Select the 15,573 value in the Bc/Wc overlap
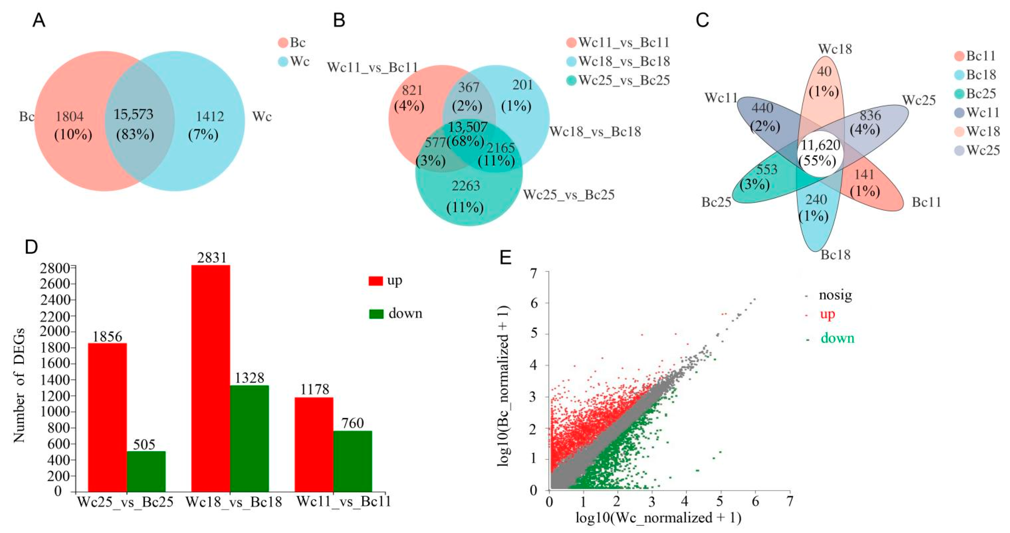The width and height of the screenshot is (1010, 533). (x=134, y=114)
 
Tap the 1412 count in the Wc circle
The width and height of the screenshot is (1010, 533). (x=210, y=116)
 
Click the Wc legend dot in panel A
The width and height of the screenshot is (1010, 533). (x=283, y=62)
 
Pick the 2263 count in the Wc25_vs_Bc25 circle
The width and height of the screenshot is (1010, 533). (x=466, y=186)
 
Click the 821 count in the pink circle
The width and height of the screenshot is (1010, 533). (x=412, y=91)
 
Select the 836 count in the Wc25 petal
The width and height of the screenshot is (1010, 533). (x=870, y=115)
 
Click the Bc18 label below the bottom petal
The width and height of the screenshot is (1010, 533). (x=835, y=255)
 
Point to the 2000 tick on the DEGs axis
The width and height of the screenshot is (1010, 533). (x=55, y=332)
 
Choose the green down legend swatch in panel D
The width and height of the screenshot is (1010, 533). (x=376, y=314)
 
